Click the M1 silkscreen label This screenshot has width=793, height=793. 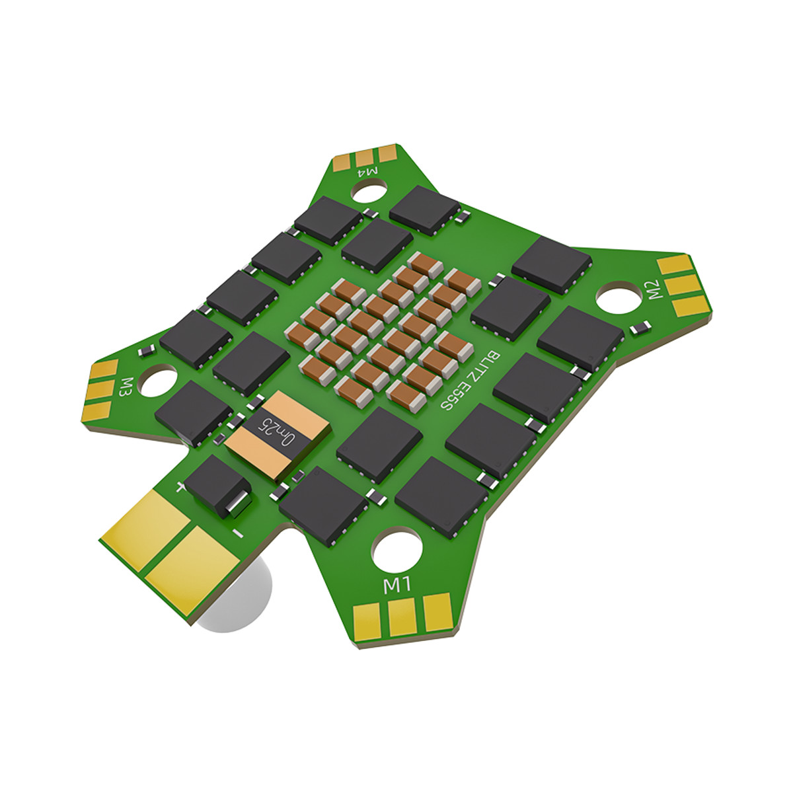(398, 585)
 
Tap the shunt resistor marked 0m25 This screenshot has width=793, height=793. (278, 435)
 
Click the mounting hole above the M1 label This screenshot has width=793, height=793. (398, 550)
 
